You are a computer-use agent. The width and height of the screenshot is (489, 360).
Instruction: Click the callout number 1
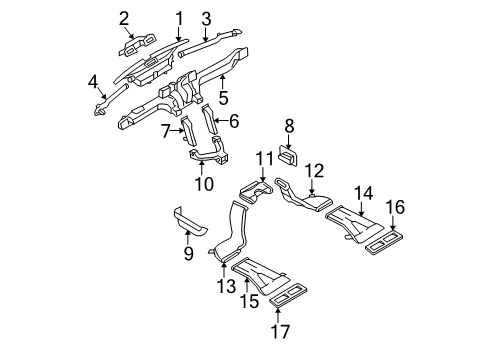click(179, 17)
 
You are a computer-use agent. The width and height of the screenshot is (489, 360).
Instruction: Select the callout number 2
click(125, 17)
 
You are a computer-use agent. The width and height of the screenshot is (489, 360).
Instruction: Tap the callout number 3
click(205, 17)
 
